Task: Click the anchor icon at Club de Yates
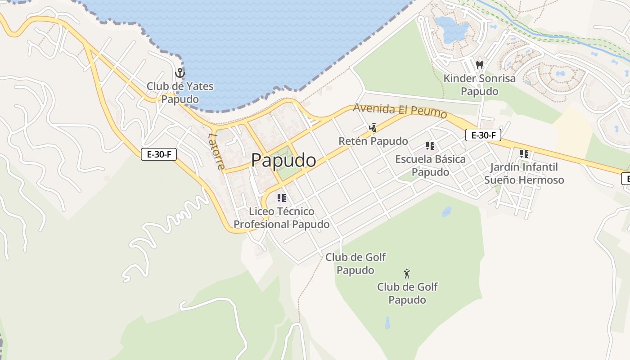[x=180, y=73]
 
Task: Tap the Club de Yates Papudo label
[x=180, y=92]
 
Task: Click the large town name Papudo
[x=283, y=160]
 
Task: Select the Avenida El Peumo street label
[x=400, y=110]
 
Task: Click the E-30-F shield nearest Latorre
[x=159, y=154]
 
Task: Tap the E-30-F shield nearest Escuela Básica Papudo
[x=483, y=135]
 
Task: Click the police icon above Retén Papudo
[x=373, y=128]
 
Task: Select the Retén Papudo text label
[x=373, y=141]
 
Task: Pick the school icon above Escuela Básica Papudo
[x=430, y=146]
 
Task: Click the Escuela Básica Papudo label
[x=430, y=166]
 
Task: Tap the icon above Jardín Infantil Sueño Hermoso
[x=524, y=154]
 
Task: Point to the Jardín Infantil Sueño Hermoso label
[x=524, y=173]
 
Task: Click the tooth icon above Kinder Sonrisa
[x=480, y=65]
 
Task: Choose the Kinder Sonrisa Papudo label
[x=480, y=85]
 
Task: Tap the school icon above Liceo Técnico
[x=282, y=198]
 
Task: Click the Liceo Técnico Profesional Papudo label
[x=282, y=218]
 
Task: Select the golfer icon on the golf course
[x=407, y=273]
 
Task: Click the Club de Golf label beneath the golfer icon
[x=407, y=293]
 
